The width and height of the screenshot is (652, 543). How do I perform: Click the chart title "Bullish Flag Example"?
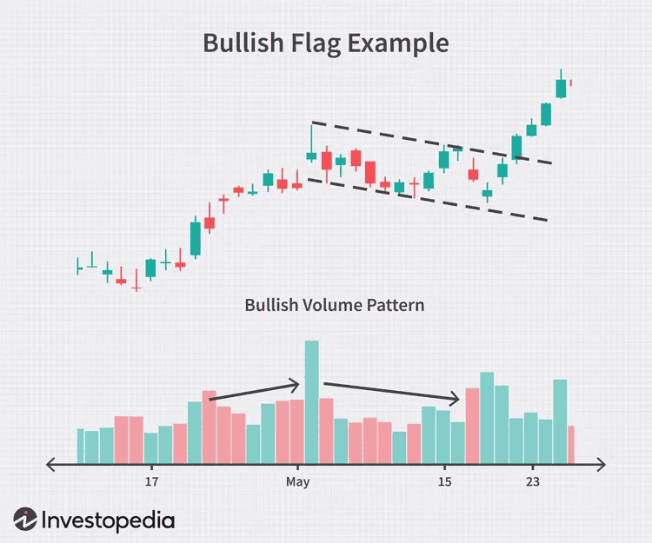pyautogui.click(x=325, y=43)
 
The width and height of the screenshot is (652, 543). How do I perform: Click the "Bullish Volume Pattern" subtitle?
pyautogui.click(x=334, y=305)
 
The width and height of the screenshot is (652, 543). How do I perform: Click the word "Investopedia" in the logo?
pyautogui.click(x=108, y=520)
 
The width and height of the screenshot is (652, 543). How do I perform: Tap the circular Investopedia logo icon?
pyautogui.click(x=26, y=520)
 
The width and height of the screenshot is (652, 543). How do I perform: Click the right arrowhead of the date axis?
pyautogui.click(x=602, y=465)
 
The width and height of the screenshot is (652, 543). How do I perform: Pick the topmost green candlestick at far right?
pyautogui.click(x=561, y=88)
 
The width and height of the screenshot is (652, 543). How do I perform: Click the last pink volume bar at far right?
pyautogui.click(x=571, y=444)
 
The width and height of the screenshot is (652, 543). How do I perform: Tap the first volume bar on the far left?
pyautogui.click(x=80, y=446)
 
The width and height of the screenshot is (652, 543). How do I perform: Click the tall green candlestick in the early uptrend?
pyautogui.click(x=195, y=239)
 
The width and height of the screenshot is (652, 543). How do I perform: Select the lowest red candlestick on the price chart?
pyautogui.click(x=136, y=284)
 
